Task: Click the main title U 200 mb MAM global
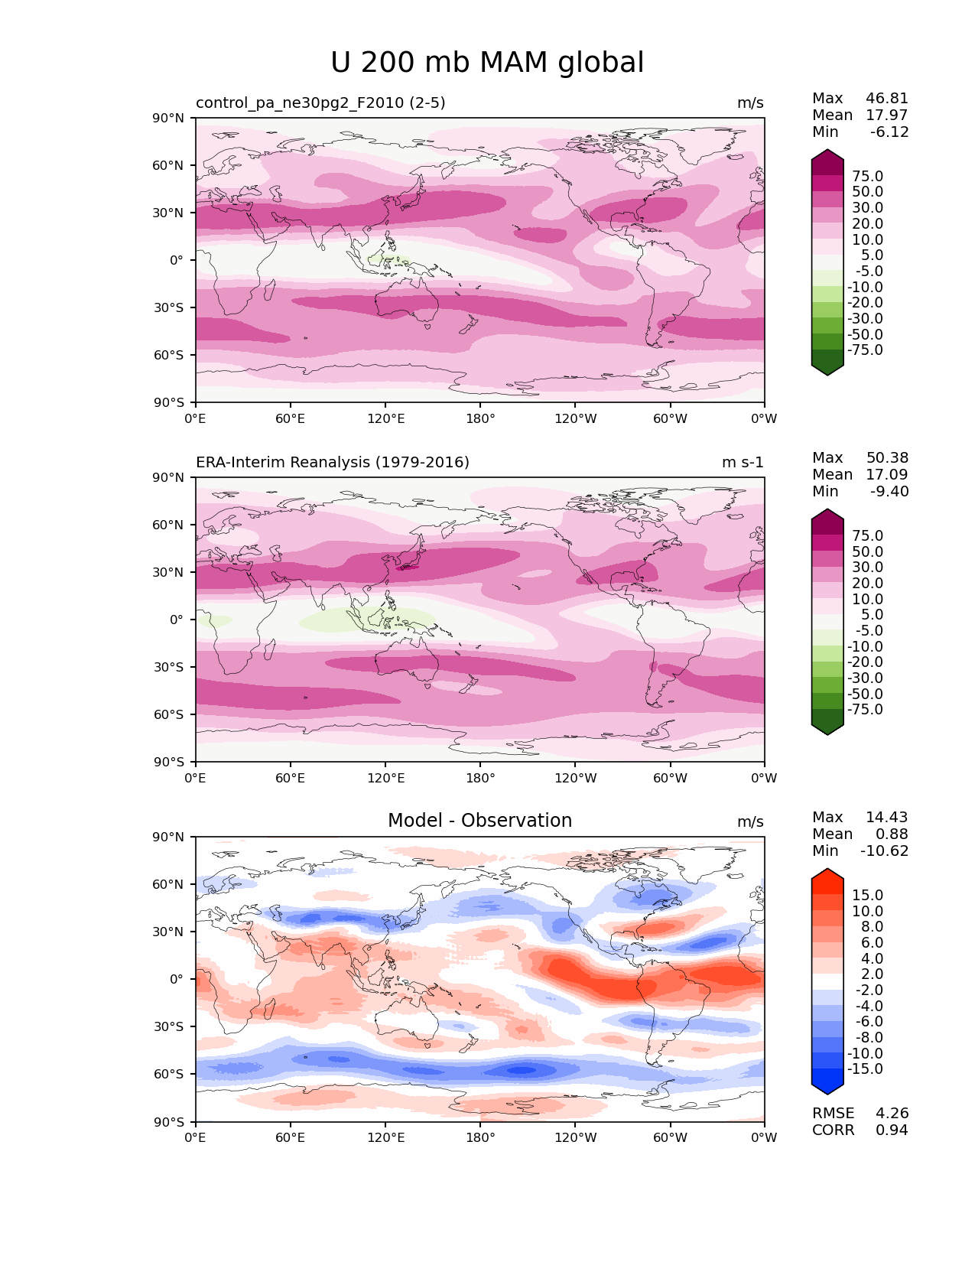click(x=487, y=63)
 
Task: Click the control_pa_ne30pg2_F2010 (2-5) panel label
click(x=320, y=103)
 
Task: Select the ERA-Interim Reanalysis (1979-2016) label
click(x=333, y=463)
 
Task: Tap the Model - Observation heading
click(x=479, y=821)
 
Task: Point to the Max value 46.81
click(x=887, y=99)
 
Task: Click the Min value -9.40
click(x=889, y=492)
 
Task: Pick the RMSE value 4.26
click(x=892, y=1114)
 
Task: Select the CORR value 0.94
click(x=892, y=1130)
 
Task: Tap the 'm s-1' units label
click(x=743, y=463)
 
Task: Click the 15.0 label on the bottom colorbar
click(x=867, y=896)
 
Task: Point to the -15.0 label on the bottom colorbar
click(x=865, y=1069)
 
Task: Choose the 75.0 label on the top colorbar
click(x=867, y=177)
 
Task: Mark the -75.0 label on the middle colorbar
click(x=865, y=710)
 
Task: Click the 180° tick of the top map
click(x=480, y=419)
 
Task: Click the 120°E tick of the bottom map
click(x=385, y=1138)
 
